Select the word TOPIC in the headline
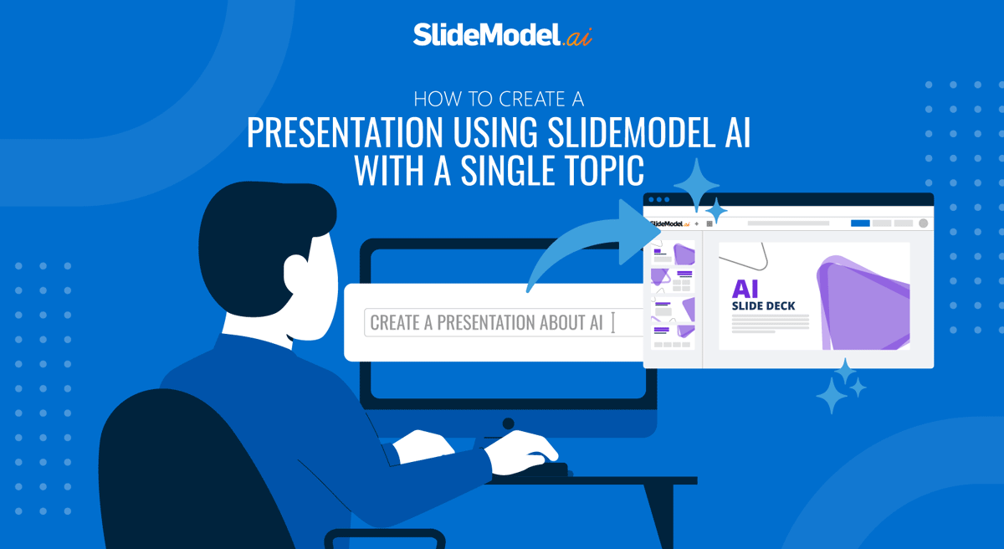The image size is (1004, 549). pos(599,171)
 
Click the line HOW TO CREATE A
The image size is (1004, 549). pos(499,100)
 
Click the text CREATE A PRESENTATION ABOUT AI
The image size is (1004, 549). pos(486,322)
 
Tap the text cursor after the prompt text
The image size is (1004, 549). pos(613,322)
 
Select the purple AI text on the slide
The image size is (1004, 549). pos(745,289)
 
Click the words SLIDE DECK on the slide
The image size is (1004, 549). pos(763,306)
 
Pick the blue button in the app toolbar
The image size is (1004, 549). pos(860,223)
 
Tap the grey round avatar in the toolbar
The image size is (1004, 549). pos(923,223)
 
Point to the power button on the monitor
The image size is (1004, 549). pos(508,423)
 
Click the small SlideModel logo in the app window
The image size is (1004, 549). pos(667,223)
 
